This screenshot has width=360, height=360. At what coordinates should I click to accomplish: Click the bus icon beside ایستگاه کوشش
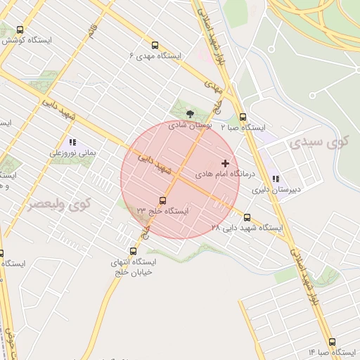(19, 30)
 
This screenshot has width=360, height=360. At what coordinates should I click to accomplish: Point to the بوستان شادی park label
(191, 124)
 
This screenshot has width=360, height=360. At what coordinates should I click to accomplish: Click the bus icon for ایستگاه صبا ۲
(243, 117)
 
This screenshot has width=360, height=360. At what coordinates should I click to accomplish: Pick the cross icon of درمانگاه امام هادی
(225, 163)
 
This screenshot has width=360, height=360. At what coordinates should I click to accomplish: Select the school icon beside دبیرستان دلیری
(276, 179)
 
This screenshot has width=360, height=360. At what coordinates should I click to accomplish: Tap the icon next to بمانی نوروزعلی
(72, 142)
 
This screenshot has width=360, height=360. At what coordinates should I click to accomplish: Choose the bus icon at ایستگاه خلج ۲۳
(163, 201)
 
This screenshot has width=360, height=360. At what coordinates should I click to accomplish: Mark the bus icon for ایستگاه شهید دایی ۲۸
(247, 218)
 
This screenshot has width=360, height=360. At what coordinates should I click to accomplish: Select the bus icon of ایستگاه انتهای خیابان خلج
(133, 251)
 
